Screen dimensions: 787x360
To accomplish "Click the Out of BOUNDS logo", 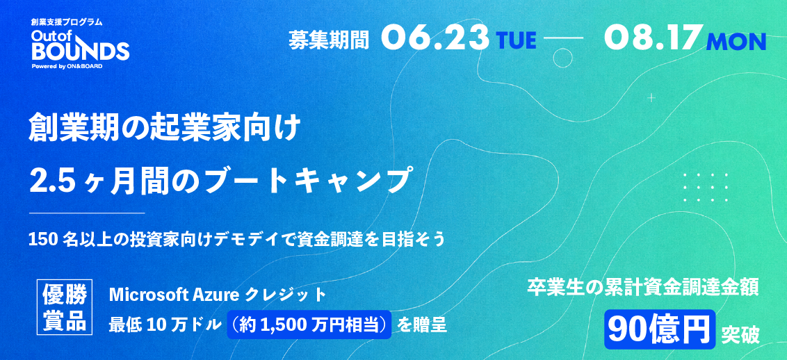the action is (x=80, y=44).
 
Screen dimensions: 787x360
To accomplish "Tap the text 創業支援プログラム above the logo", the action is (x=66, y=22).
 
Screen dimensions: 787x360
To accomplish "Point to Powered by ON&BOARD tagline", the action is (x=67, y=66).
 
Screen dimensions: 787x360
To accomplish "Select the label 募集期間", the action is (x=328, y=40).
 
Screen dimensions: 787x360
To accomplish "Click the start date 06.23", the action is (x=435, y=38).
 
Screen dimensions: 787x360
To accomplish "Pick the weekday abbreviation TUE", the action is (x=516, y=41).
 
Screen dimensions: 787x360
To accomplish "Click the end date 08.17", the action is (x=653, y=38).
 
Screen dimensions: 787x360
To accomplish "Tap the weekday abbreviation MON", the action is (x=736, y=42).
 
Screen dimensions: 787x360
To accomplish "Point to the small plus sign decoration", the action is (x=651, y=98).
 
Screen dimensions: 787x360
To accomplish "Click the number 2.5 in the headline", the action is (x=49, y=181).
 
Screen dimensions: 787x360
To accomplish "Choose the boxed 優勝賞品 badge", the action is (x=65, y=306).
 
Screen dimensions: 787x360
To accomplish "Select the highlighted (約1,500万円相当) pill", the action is (x=309, y=325).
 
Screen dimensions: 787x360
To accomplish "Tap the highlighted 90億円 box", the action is (x=660, y=329).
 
